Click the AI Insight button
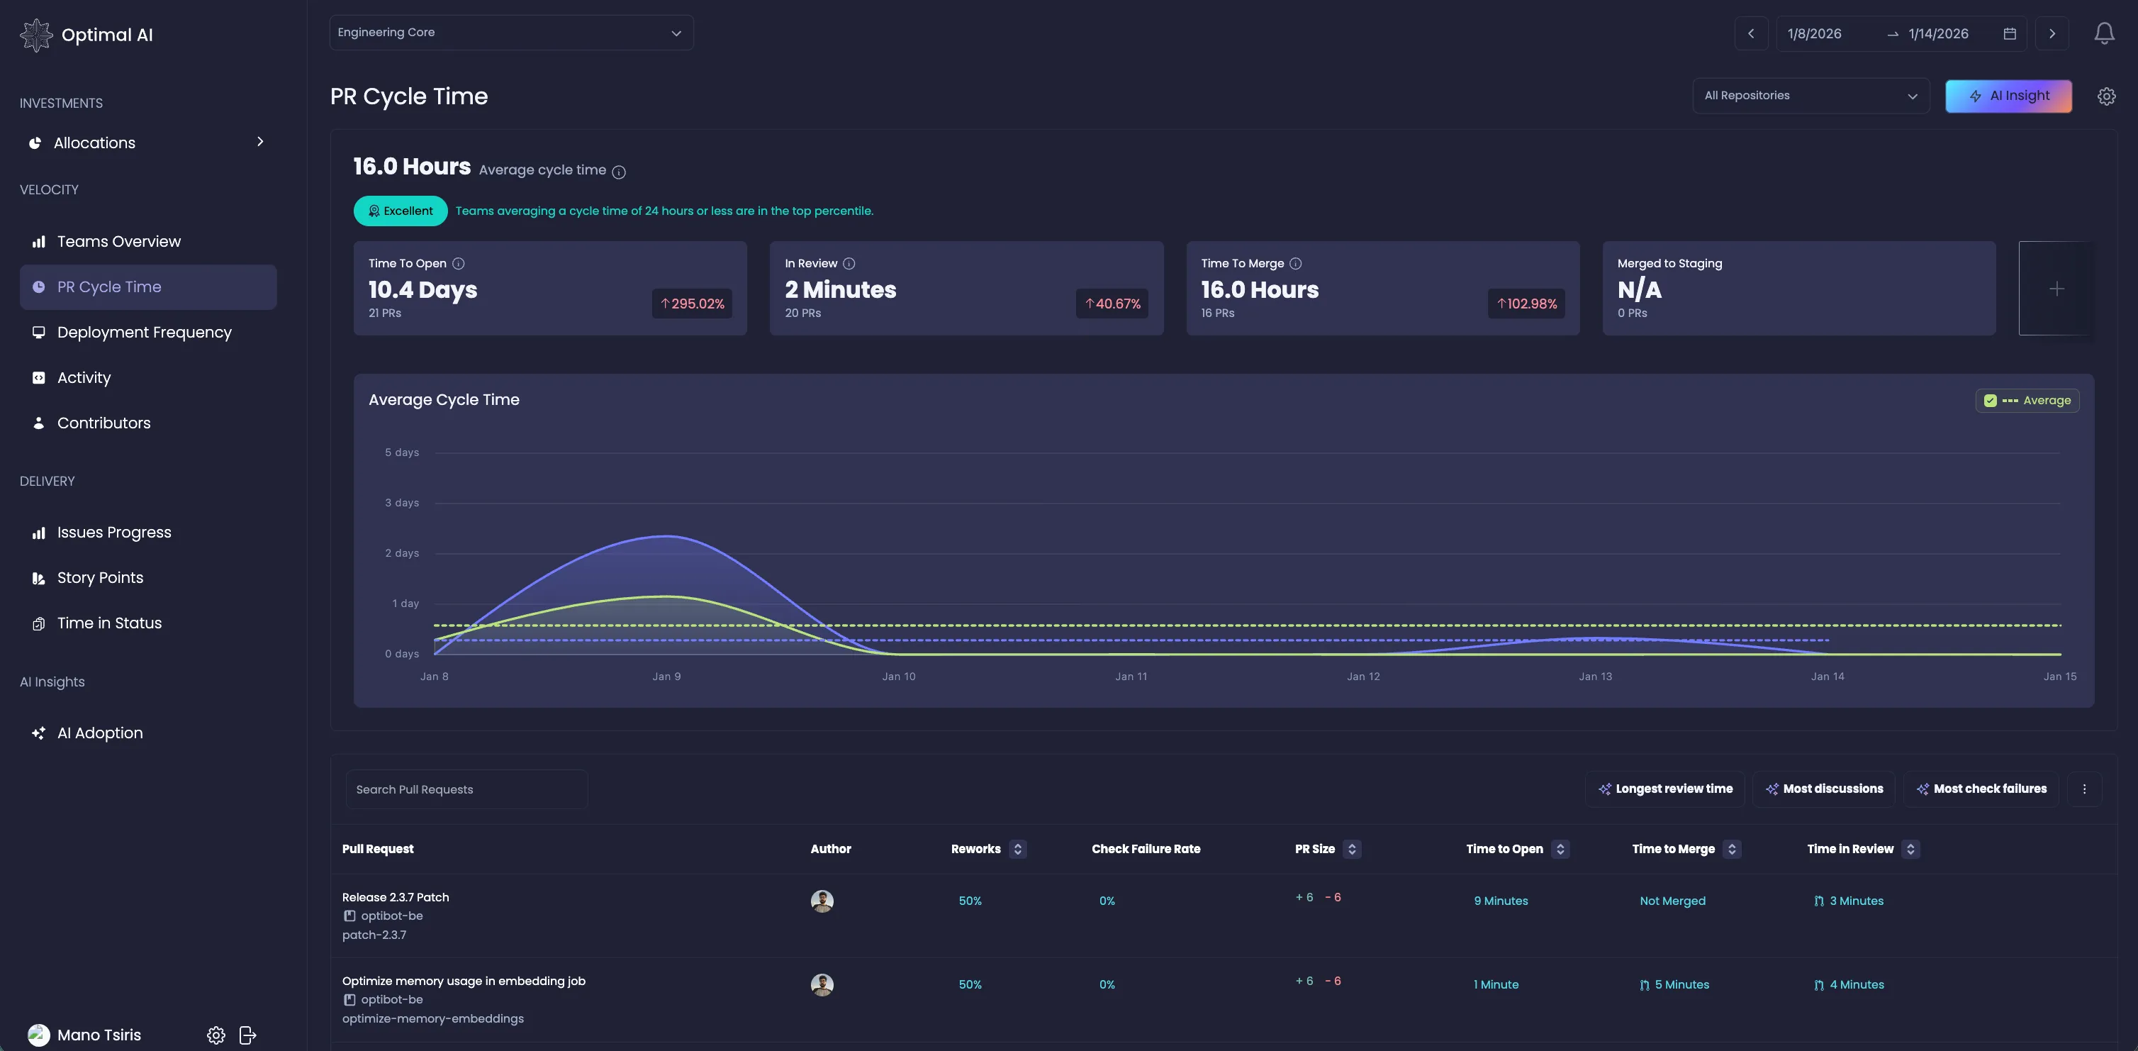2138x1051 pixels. [x=2008, y=96]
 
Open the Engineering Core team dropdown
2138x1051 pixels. [x=510, y=33]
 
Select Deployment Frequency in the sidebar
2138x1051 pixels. [x=144, y=332]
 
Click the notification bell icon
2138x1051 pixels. [x=2104, y=33]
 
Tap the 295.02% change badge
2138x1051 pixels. [x=691, y=304]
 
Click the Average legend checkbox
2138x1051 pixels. [x=1991, y=401]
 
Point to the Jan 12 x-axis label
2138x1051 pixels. [x=1362, y=677]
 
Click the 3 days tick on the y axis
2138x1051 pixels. [x=402, y=503]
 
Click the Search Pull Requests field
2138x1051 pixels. [x=466, y=789]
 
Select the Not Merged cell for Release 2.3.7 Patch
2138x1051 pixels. [x=1672, y=901]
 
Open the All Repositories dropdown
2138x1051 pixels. [x=1810, y=96]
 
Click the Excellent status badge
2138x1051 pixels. [x=400, y=211]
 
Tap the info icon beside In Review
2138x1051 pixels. [x=849, y=264]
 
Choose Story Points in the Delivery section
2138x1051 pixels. [x=99, y=578]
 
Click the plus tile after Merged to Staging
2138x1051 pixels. [x=2056, y=289]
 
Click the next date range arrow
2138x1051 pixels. [x=2052, y=34]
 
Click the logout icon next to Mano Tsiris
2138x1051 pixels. [x=247, y=1035]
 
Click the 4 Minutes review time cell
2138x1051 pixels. [x=1856, y=984]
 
